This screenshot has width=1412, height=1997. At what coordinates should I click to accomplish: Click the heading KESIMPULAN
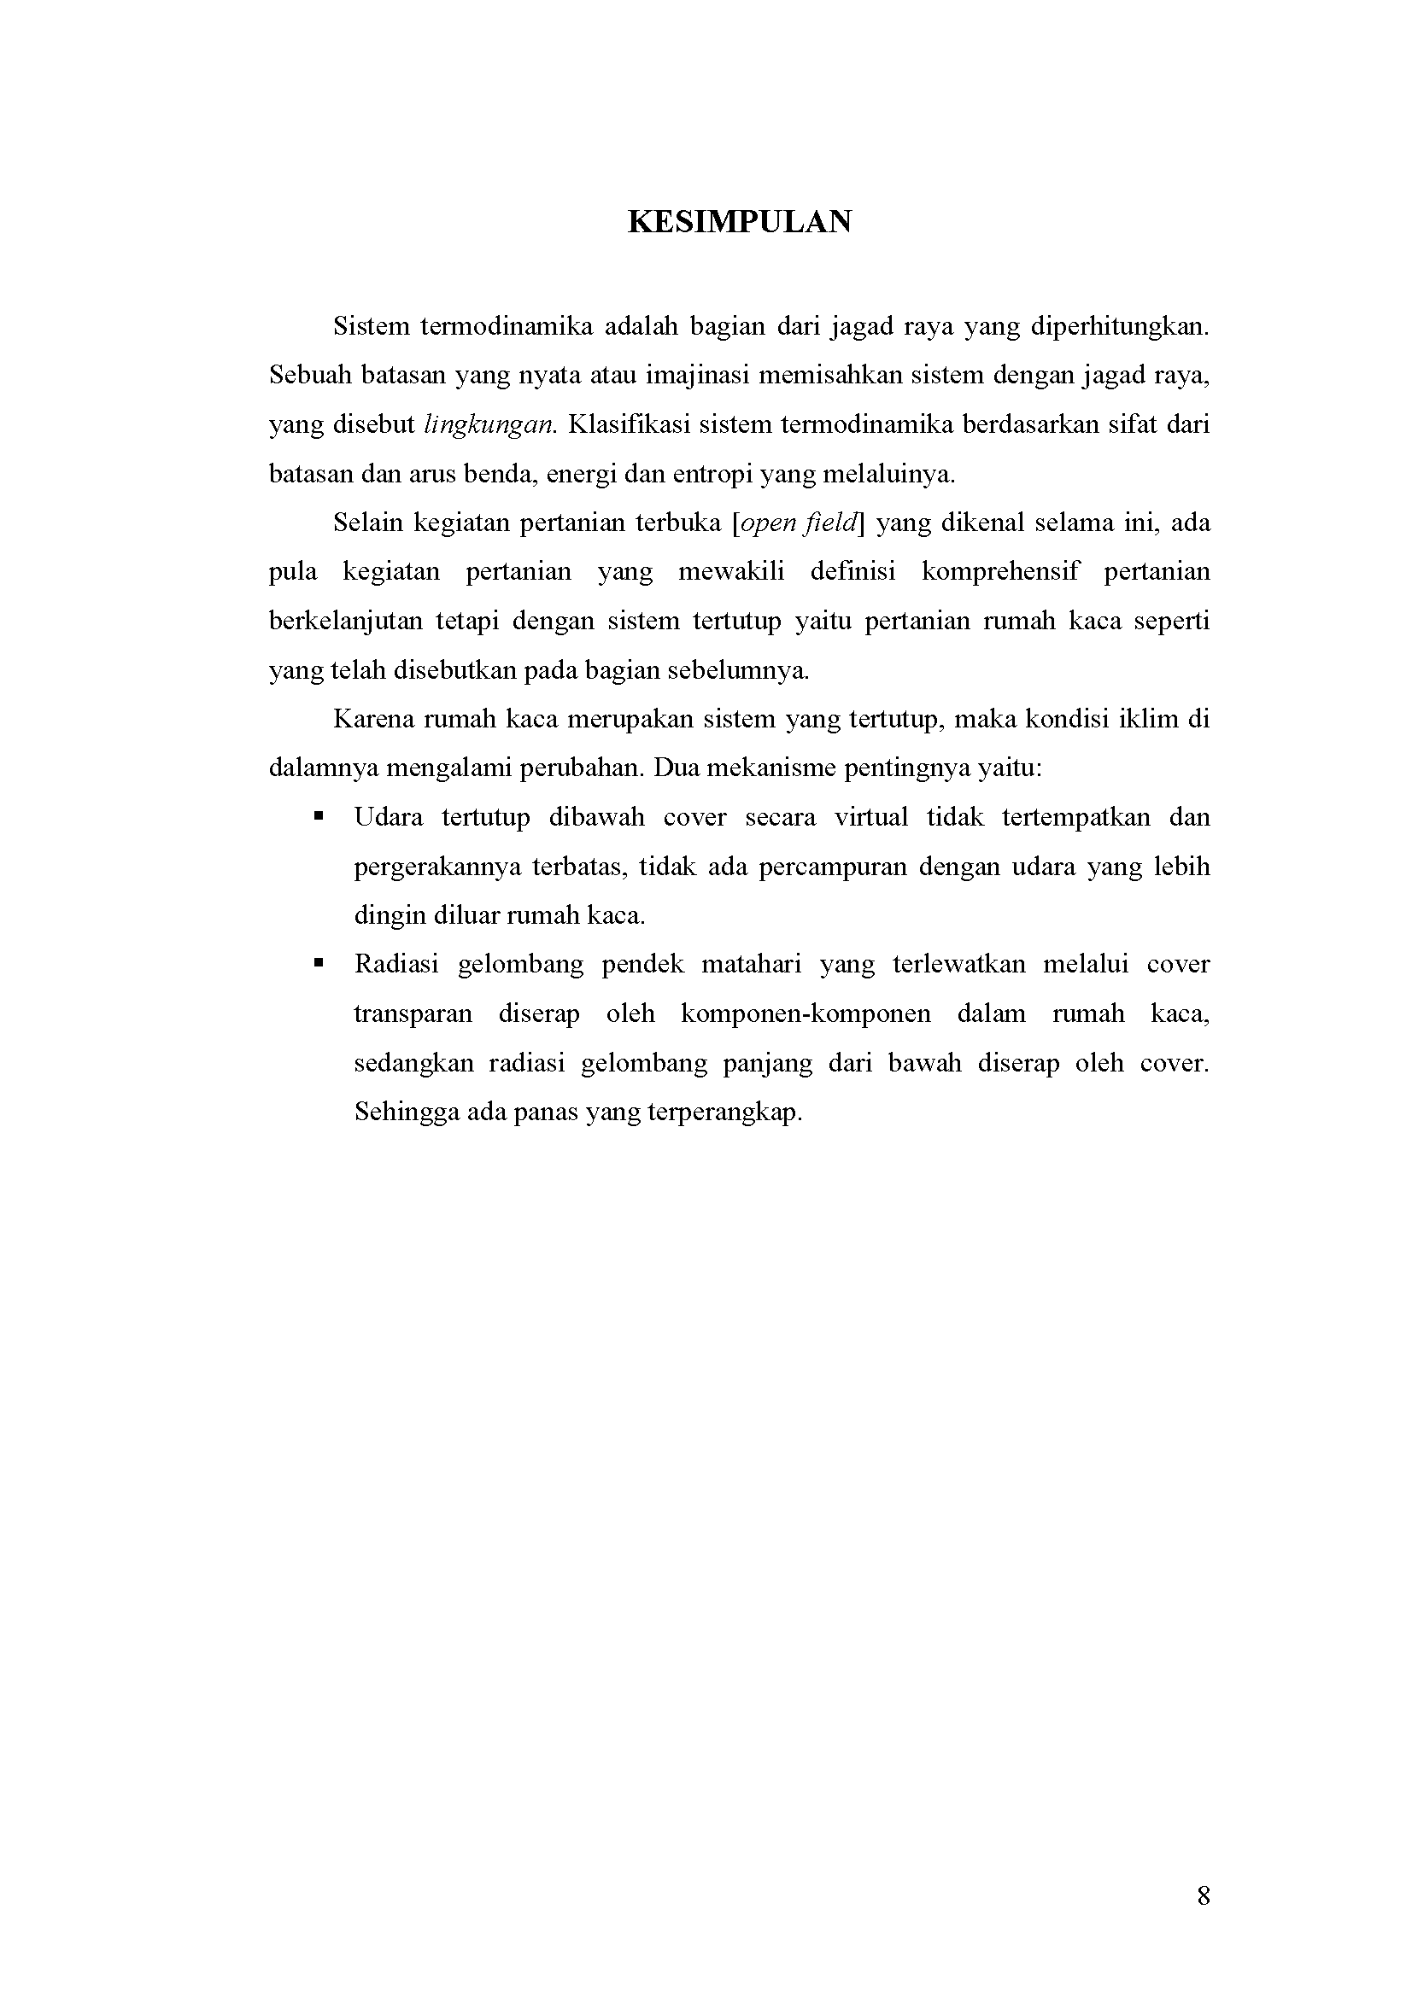[740, 223]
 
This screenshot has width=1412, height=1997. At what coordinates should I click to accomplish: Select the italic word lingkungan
[489, 425]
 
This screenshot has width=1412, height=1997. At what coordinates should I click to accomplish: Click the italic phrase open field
[800, 523]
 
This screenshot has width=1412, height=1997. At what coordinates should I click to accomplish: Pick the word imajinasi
[700, 376]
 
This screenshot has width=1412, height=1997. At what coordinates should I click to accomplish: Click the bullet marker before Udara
[319, 817]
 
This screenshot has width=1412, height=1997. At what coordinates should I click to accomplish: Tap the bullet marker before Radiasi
[319, 963]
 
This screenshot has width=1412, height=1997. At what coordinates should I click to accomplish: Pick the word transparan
[413, 1014]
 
